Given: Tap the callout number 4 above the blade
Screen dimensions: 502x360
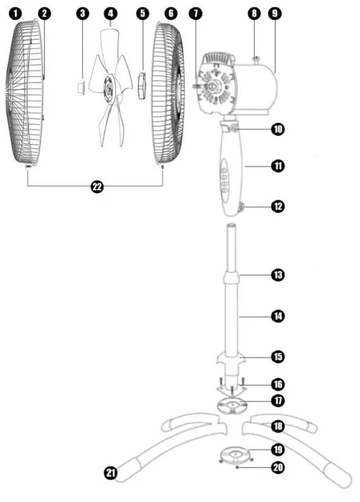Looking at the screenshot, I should pyautogui.click(x=111, y=12).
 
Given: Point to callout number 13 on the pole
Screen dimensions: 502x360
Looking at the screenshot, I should pyautogui.click(x=277, y=275).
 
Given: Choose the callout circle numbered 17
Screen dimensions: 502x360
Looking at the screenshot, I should pyautogui.click(x=277, y=400).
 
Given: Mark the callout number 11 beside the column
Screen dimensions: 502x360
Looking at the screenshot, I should pyautogui.click(x=277, y=166).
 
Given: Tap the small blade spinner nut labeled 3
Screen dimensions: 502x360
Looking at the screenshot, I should pyautogui.click(x=80, y=86).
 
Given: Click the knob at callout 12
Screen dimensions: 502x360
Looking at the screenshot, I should pyautogui.click(x=243, y=205).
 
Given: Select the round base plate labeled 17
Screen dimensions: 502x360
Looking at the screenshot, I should pyautogui.click(x=232, y=404).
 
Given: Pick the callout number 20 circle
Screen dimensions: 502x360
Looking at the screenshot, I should pyautogui.click(x=277, y=469).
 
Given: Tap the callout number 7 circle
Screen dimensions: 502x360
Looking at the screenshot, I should pyautogui.click(x=196, y=12).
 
